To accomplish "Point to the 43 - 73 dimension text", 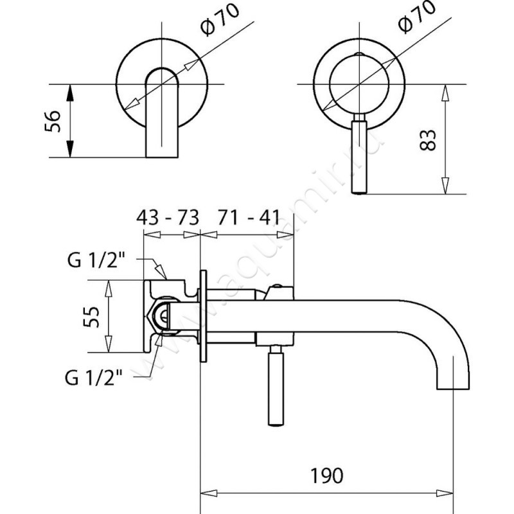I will [169, 216].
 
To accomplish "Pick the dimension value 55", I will [93, 317].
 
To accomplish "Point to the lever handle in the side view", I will [276, 385].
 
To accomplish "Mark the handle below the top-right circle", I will [360, 157].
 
